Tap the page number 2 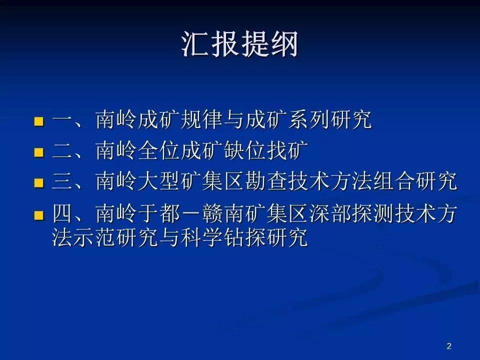(x=449, y=346)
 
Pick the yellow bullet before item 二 (x=39, y=152)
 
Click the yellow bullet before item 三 (x=39, y=183)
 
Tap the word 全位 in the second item (x=159, y=150)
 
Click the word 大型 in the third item (x=159, y=181)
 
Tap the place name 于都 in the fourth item (x=159, y=213)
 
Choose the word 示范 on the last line (x=95, y=237)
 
